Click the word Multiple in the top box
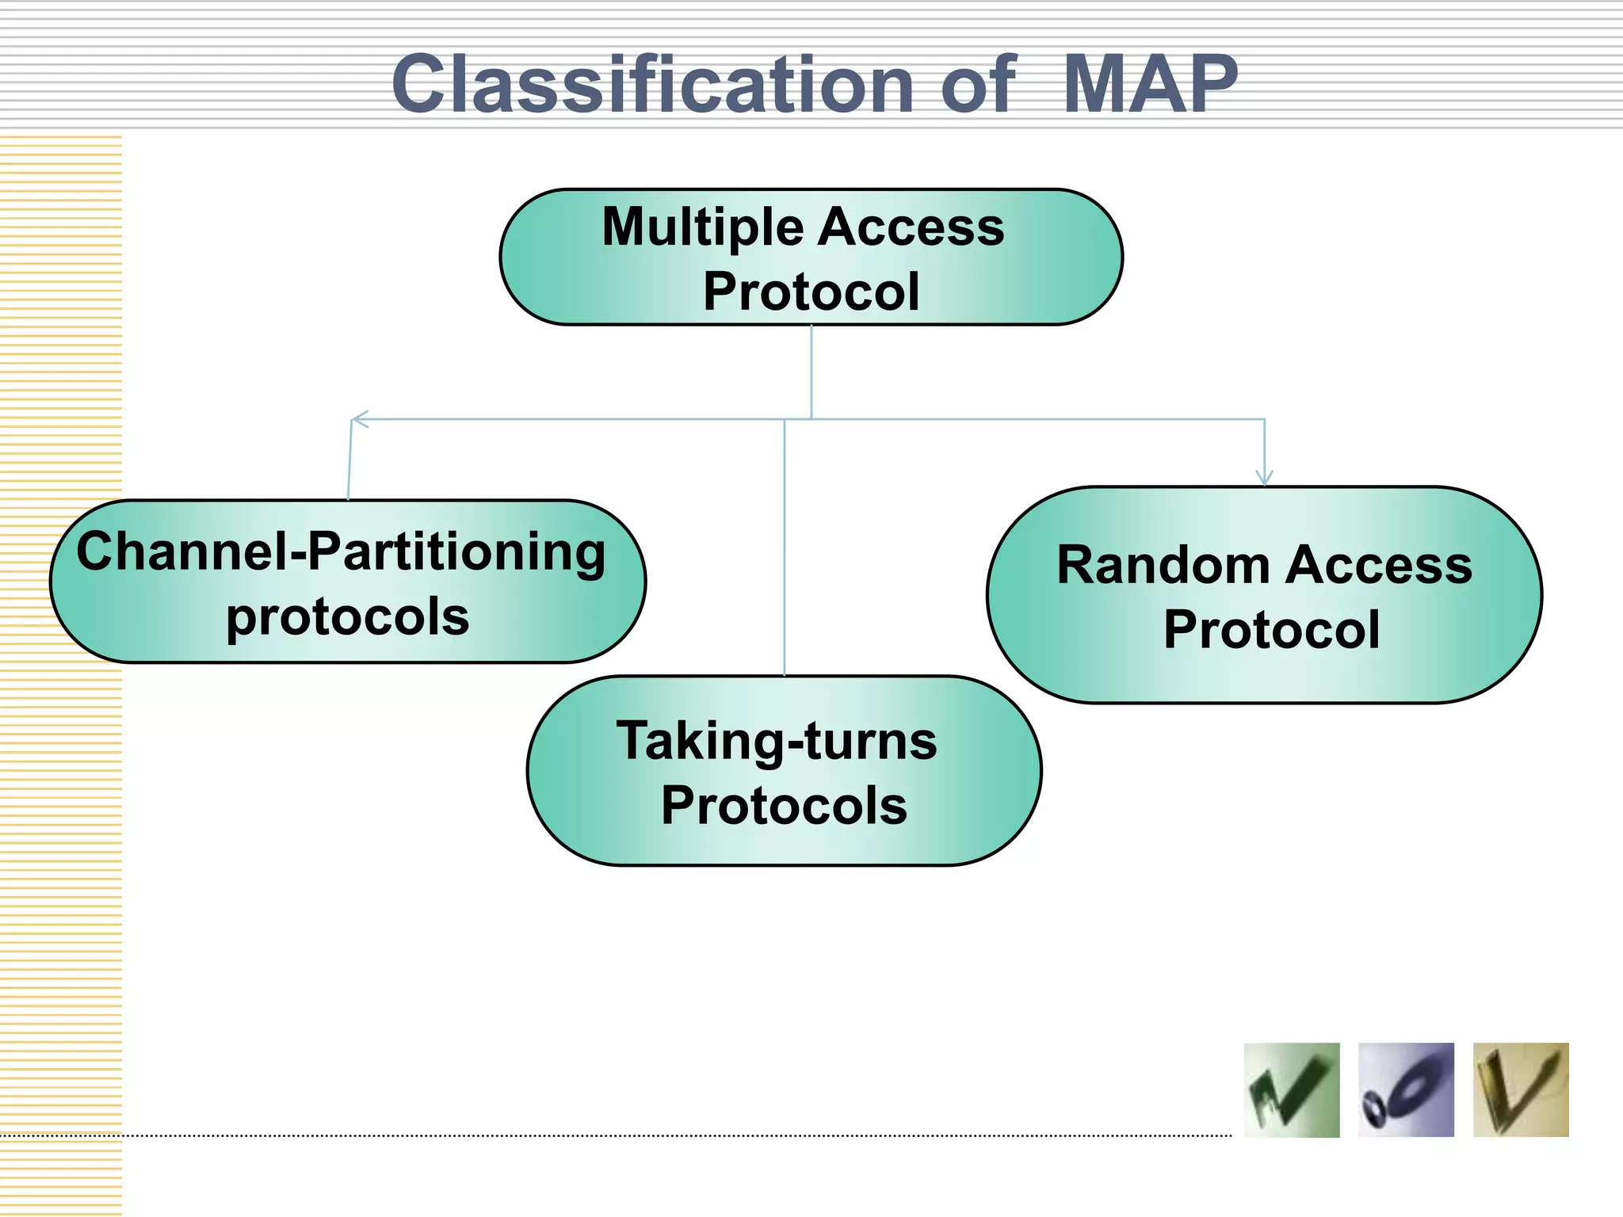(703, 227)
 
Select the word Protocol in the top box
(811, 292)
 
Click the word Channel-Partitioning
(341, 552)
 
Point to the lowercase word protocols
(347, 617)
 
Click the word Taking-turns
(777, 742)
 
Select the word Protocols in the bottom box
(784, 806)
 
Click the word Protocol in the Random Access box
(1271, 630)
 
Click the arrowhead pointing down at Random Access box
(1264, 477)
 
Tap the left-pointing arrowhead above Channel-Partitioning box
(359, 419)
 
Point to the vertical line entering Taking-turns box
(785, 555)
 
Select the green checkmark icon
(1291, 1090)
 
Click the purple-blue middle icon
(1406, 1090)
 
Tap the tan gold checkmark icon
(1520, 1090)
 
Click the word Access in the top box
(911, 227)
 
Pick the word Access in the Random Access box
(1379, 566)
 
